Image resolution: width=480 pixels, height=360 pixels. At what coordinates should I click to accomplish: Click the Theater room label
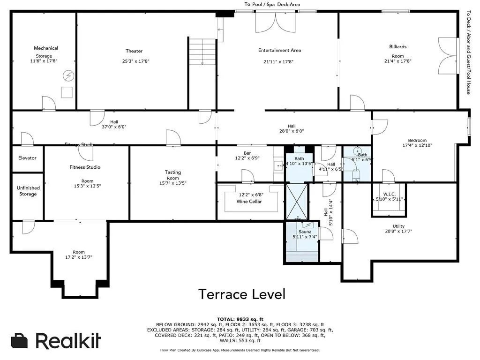click(x=134, y=51)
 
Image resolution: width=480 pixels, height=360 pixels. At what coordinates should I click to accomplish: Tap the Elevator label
click(x=27, y=158)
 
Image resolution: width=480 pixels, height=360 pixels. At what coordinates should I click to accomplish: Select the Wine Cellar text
click(x=249, y=202)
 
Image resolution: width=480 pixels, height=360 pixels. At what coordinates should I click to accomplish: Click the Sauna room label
click(x=305, y=232)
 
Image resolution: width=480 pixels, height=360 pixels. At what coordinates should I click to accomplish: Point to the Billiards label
click(x=397, y=47)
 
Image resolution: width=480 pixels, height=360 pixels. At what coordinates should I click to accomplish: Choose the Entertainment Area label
click(x=279, y=50)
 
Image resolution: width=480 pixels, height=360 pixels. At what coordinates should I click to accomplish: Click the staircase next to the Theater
click(x=202, y=52)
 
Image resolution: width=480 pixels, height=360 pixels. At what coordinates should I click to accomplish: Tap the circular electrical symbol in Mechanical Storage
click(x=68, y=75)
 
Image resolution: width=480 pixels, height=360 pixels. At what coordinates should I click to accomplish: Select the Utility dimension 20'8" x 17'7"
click(x=398, y=231)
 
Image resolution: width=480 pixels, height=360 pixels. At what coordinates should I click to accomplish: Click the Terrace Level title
click(x=241, y=294)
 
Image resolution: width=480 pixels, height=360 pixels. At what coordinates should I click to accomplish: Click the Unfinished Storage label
click(x=28, y=191)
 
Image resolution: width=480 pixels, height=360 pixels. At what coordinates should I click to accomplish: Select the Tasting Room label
click(x=172, y=175)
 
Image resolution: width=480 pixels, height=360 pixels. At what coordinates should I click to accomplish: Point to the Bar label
click(x=247, y=153)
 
